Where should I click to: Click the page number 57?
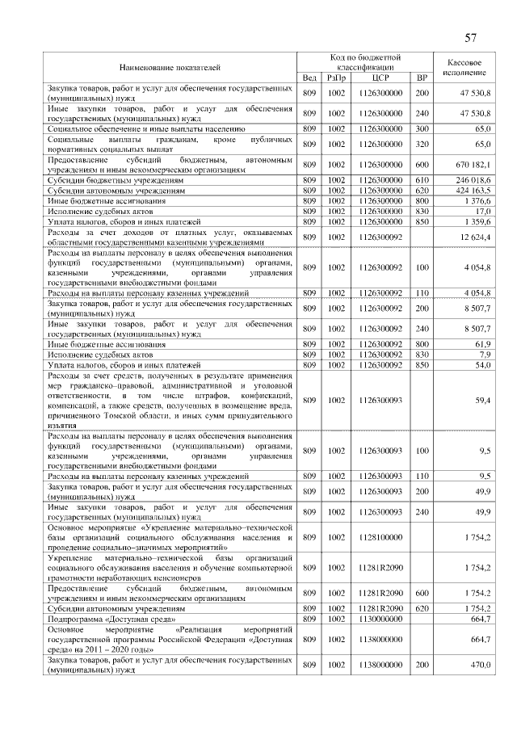pos(471,38)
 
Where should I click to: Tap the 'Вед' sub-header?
pos(309,78)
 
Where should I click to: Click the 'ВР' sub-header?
pos(421,78)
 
